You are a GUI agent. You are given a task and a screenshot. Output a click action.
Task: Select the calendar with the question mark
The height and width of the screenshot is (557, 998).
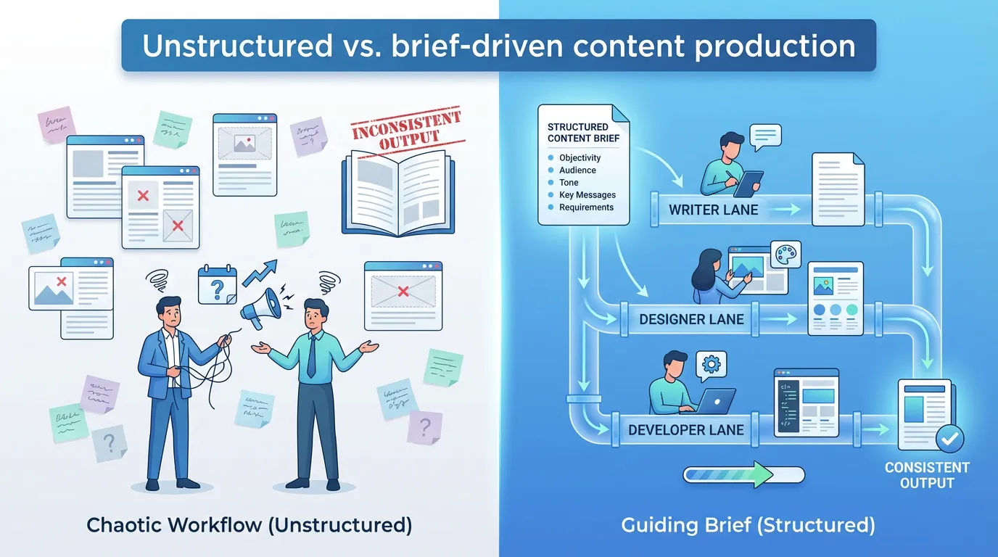click(217, 285)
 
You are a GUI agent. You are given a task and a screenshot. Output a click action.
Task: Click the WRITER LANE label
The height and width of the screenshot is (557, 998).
click(713, 210)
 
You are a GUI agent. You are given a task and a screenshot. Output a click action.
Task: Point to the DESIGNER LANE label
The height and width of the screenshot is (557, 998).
click(691, 319)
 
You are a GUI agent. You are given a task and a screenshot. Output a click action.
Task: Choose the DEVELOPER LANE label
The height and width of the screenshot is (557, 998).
click(685, 429)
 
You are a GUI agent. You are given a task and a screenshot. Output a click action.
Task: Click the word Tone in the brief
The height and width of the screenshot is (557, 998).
click(569, 183)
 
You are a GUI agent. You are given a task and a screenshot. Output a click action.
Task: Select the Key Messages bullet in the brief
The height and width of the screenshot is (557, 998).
click(587, 195)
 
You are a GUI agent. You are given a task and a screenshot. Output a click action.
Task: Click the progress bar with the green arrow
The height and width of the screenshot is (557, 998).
click(743, 475)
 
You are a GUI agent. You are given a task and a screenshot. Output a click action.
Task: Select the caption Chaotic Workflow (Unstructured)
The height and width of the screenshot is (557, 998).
click(249, 524)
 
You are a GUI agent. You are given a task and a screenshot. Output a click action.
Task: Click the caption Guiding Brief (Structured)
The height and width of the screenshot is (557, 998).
click(748, 524)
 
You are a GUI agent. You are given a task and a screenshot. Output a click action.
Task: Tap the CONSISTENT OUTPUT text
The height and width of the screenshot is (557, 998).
click(926, 475)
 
